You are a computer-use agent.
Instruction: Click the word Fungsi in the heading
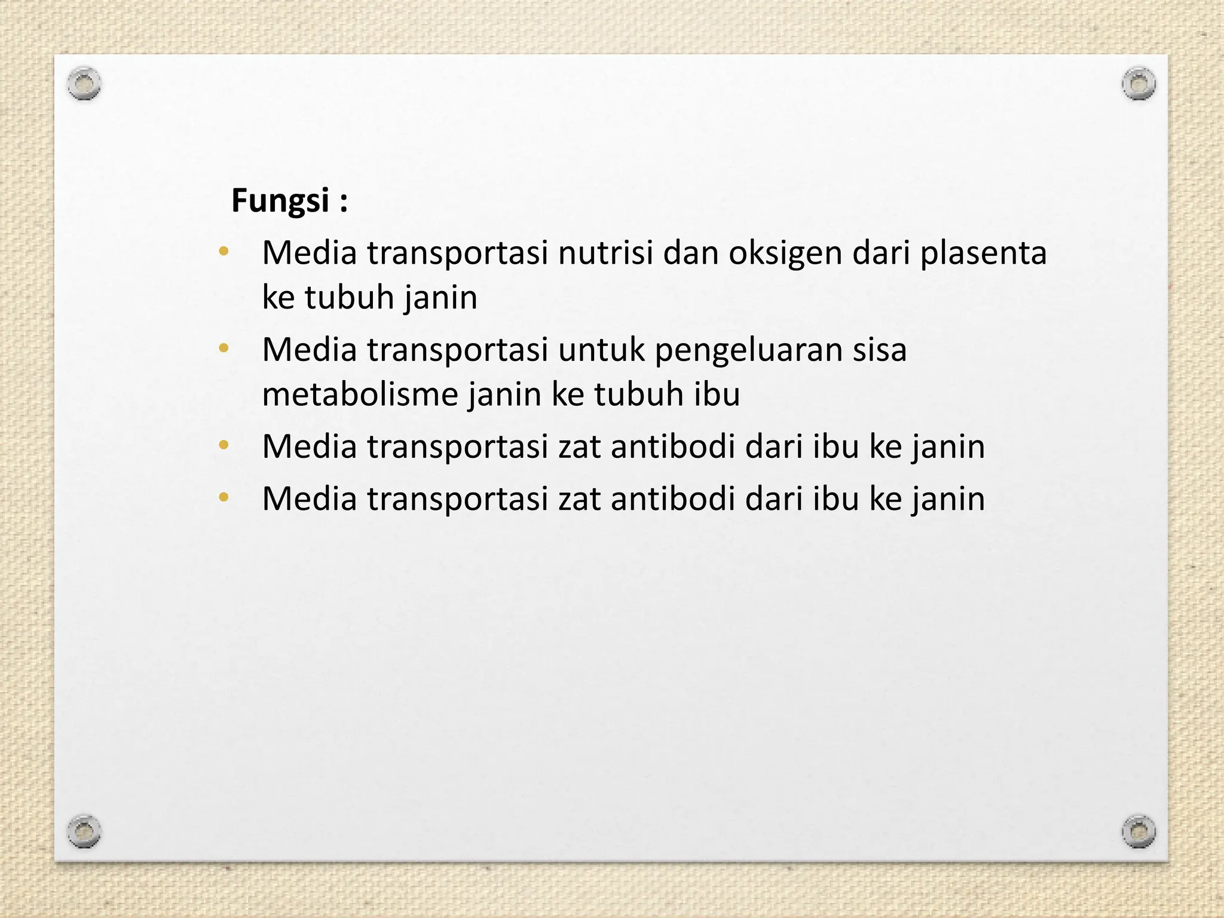280,201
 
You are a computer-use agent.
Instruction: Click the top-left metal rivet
84,84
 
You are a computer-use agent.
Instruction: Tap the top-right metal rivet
1139,84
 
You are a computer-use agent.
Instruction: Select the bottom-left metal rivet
84,831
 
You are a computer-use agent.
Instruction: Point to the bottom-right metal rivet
1139,831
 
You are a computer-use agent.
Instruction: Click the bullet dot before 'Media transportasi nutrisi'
224,251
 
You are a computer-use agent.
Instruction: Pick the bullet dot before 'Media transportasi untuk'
224,348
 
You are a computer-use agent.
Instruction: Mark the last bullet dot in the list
224,497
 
